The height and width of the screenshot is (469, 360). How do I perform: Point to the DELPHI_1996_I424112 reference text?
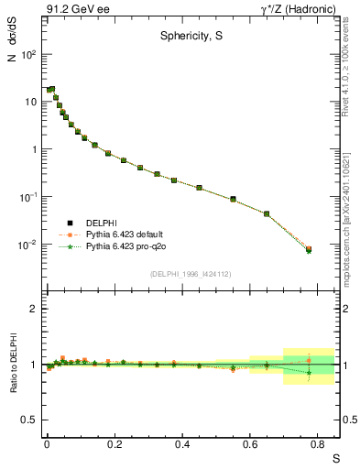pyautogui.click(x=186, y=273)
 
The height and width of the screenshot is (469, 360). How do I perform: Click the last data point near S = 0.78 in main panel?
pyautogui.click(x=309, y=249)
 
